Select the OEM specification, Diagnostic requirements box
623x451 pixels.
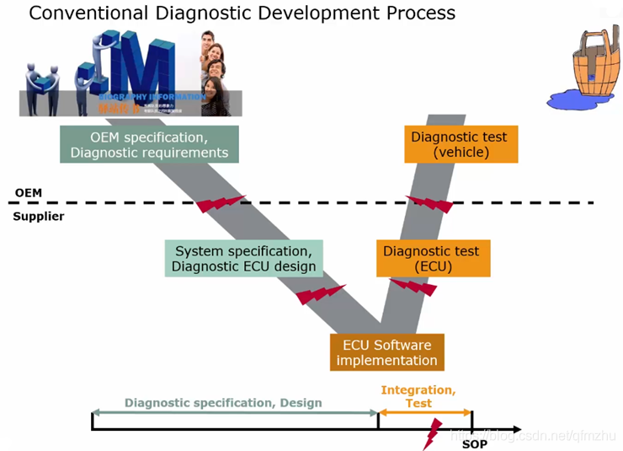[149, 144]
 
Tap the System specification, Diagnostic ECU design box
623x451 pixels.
[243, 259]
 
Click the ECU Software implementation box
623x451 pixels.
[386, 352]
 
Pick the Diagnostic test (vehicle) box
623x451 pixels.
[461, 144]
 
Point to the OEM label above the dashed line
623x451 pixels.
[29, 193]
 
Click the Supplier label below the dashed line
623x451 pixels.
[39, 217]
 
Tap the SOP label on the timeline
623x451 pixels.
[475, 443]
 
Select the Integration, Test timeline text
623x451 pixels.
[418, 396]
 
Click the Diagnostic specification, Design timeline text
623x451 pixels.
[223, 403]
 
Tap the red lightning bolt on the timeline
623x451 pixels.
[432, 435]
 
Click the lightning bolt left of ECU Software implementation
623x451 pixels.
[319, 294]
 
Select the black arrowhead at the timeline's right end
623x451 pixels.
[514, 430]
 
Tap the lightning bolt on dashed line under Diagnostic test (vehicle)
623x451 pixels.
[429, 204]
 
